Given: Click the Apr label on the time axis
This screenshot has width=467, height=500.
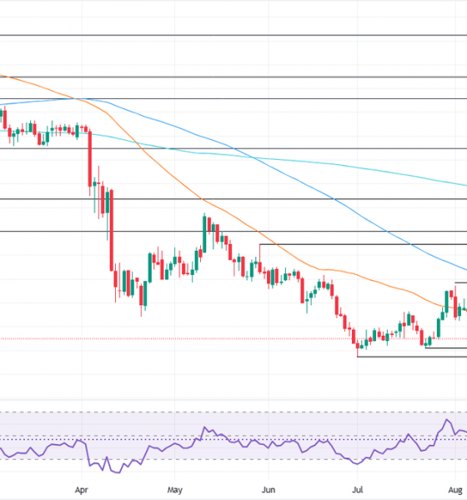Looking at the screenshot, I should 81,490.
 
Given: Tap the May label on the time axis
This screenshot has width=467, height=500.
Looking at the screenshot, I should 174,490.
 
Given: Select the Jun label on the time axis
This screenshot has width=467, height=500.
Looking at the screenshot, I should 268,490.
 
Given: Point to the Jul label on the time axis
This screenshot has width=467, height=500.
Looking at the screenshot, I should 358,490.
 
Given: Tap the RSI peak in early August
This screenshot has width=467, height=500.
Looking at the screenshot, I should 448,421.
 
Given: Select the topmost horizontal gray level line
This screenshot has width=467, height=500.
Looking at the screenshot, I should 233,35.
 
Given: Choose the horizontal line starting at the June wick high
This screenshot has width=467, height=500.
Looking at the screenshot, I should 359,244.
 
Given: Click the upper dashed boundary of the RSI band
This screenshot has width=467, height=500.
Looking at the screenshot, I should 233,412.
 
